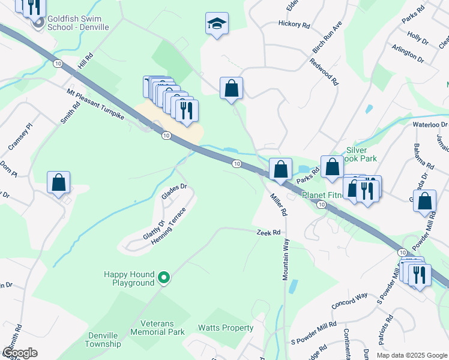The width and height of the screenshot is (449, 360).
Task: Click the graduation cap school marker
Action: [x=217, y=24]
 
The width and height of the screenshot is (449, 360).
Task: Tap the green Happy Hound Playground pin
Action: [x=164, y=278]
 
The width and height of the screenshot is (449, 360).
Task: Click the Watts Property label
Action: [x=226, y=328]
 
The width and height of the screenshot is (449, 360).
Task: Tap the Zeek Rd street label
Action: [x=268, y=232]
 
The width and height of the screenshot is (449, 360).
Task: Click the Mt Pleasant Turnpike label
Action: [x=95, y=104]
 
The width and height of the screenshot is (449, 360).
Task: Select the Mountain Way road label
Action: [x=286, y=259]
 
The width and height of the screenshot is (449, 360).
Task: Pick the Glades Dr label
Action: [x=174, y=191]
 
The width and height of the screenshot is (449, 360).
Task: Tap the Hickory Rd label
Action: [x=294, y=25]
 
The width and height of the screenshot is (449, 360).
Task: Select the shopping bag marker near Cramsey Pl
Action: [x=59, y=182]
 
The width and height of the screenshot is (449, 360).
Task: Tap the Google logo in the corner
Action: [x=20, y=353]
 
